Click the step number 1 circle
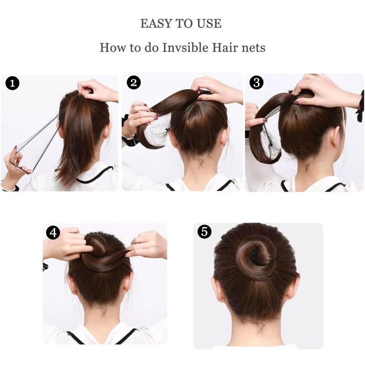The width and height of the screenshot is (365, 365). (12, 83)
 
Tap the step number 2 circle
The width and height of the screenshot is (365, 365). (134, 83)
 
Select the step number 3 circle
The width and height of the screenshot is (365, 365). (256, 83)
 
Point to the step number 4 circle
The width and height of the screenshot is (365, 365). (53, 233)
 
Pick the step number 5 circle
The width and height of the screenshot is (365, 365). (204, 232)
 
